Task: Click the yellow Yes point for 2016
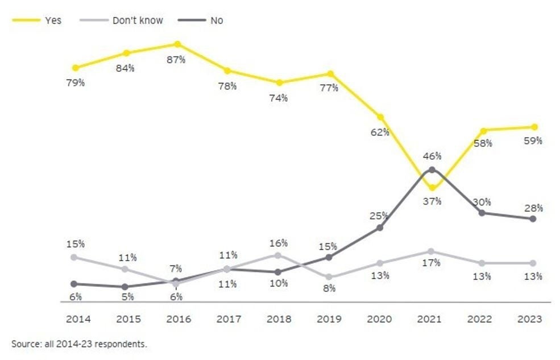click(x=178, y=44)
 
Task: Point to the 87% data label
click(x=177, y=59)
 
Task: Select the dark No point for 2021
click(x=432, y=169)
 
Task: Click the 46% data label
click(x=432, y=156)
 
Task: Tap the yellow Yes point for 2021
click(x=432, y=188)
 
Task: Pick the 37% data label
click(x=432, y=201)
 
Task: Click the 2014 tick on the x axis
click(x=78, y=319)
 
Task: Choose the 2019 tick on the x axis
click(x=330, y=319)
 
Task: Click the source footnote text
click(x=79, y=344)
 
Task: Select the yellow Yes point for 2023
click(x=533, y=127)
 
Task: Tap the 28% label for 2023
click(x=533, y=208)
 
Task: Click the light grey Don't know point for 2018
click(x=279, y=255)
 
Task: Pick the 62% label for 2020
click(x=380, y=132)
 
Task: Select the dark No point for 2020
click(x=380, y=228)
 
